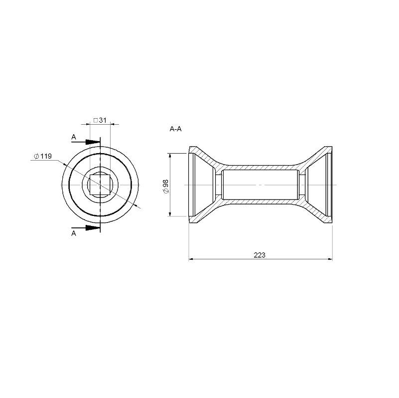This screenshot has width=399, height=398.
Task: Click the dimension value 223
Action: click(260, 255)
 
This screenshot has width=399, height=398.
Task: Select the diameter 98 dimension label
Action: click(165, 187)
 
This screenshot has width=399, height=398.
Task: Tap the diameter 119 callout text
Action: click(43, 156)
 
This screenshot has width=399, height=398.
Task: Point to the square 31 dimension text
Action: click(100, 120)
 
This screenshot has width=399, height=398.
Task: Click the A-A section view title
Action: click(175, 129)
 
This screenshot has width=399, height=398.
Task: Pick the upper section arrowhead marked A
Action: click(92, 142)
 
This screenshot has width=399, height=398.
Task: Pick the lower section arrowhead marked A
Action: click(92, 228)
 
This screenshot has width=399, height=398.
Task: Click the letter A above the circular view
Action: click(74, 137)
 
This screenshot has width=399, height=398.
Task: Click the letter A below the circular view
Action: click(74, 233)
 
